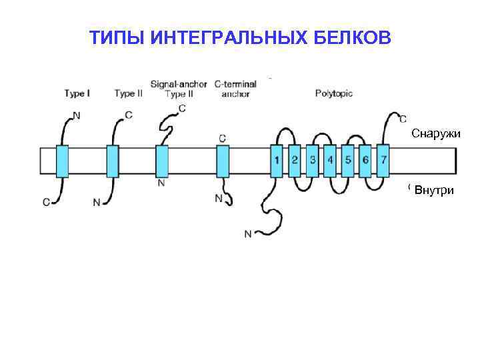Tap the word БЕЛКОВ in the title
(353, 39)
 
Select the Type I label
(77, 94)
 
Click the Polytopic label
(333, 93)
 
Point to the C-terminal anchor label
(235, 89)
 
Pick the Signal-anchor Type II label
(178, 89)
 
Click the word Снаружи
(436, 133)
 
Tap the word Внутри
(434, 191)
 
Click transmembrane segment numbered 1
(277, 160)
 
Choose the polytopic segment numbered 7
(383, 160)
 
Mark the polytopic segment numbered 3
(313, 160)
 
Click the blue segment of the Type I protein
(62, 161)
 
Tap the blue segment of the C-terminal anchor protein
(223, 161)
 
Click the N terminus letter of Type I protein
(76, 115)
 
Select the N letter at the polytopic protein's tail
(248, 233)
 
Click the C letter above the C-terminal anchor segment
(222, 138)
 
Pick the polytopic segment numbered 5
(348, 160)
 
